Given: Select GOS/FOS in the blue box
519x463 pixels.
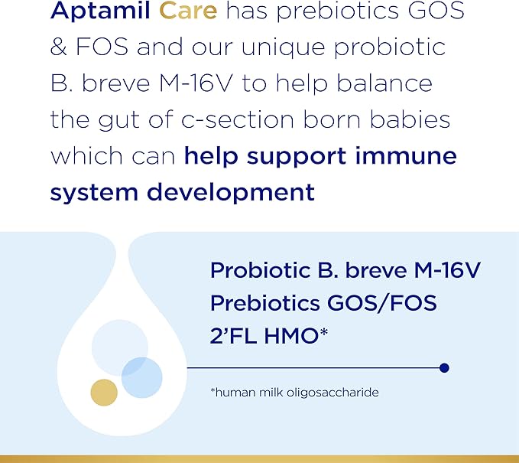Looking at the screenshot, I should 388,303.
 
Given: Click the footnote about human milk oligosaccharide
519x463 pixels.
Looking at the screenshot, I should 294,393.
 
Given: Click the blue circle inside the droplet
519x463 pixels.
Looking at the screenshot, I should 141,377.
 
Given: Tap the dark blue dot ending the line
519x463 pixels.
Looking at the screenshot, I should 444,368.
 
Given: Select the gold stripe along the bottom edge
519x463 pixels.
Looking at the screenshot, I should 259,458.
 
